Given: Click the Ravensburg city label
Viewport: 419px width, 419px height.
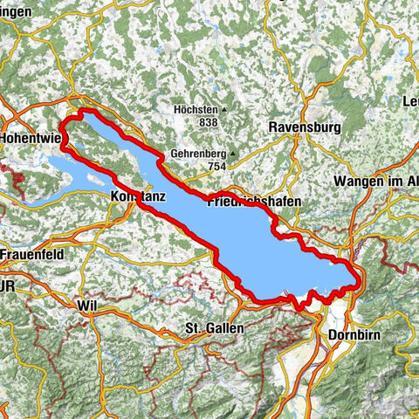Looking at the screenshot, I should tap(304, 127).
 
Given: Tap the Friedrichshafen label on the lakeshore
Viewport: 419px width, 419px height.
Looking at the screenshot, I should tap(254, 202).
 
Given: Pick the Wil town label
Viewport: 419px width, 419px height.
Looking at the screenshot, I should tap(86, 306).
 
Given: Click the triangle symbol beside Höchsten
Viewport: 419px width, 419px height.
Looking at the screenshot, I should tap(224, 110).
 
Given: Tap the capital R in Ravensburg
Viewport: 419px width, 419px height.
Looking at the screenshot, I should tap(274, 127).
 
